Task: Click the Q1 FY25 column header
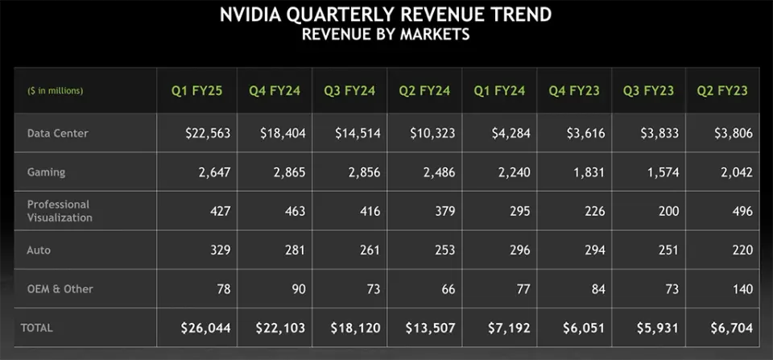click(x=194, y=91)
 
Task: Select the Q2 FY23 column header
click(x=722, y=91)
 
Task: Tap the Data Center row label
click(x=57, y=133)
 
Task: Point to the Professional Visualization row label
click(x=60, y=211)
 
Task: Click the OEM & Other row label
click(x=60, y=289)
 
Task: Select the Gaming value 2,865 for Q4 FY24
click(x=283, y=172)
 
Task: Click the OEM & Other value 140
click(x=742, y=289)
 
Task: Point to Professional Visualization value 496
click(x=742, y=211)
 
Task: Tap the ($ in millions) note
click(x=55, y=91)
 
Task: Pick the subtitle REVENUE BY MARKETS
click(x=386, y=35)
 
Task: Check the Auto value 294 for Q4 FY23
click(x=593, y=250)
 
